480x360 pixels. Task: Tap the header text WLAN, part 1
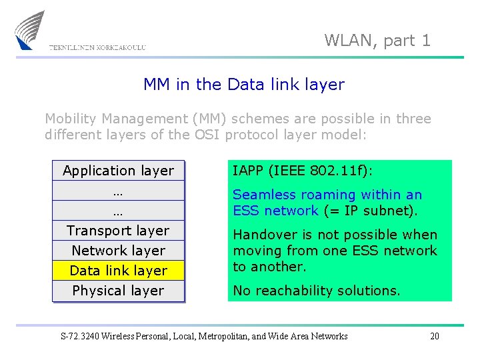click(x=377, y=40)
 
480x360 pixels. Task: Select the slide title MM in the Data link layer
click(x=244, y=85)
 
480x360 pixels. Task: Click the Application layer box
click(x=118, y=171)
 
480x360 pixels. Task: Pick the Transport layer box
click(x=118, y=231)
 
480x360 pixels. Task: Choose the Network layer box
click(x=118, y=251)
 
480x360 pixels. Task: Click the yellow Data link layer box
click(x=118, y=271)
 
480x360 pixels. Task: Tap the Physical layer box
click(x=118, y=291)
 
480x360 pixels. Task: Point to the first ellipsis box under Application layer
click(x=118, y=191)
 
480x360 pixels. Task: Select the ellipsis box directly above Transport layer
click(x=118, y=211)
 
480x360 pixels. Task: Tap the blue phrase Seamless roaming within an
click(x=327, y=195)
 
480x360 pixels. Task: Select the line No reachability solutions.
click(x=317, y=291)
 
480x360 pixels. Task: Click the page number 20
click(x=435, y=336)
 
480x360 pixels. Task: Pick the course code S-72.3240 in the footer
click(x=82, y=336)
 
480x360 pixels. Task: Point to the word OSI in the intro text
click(x=208, y=135)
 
